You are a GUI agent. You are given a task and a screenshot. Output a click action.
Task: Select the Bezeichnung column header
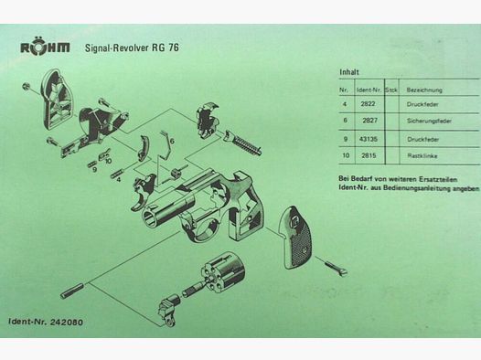(x=424, y=90)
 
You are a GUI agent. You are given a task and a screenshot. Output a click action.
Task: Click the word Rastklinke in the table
(x=422, y=156)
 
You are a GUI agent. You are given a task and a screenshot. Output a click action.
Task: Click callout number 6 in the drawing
(x=171, y=141)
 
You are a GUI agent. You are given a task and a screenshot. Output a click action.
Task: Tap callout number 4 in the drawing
(x=119, y=179)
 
